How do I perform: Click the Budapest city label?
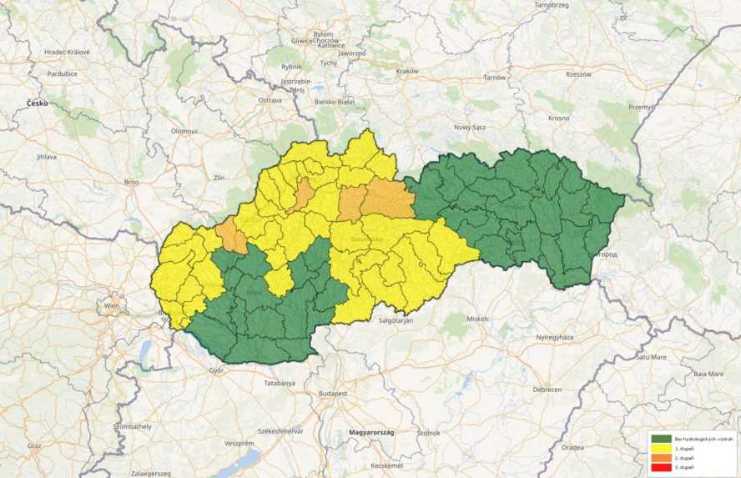pos(333,393)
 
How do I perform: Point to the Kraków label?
pos(407,71)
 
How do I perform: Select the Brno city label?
pos(130,181)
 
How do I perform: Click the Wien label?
pos(111,306)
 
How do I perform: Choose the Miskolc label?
pos(478,319)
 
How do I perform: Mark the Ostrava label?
pos(270,99)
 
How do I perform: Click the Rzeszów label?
pos(577,74)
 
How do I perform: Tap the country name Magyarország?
pos(371,433)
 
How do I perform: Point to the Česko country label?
pos(37,103)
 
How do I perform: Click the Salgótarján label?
pos(396,320)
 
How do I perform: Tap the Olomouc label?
pos(184,131)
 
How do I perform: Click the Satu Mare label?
pos(652,356)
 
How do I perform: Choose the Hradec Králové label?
pos(67,52)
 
